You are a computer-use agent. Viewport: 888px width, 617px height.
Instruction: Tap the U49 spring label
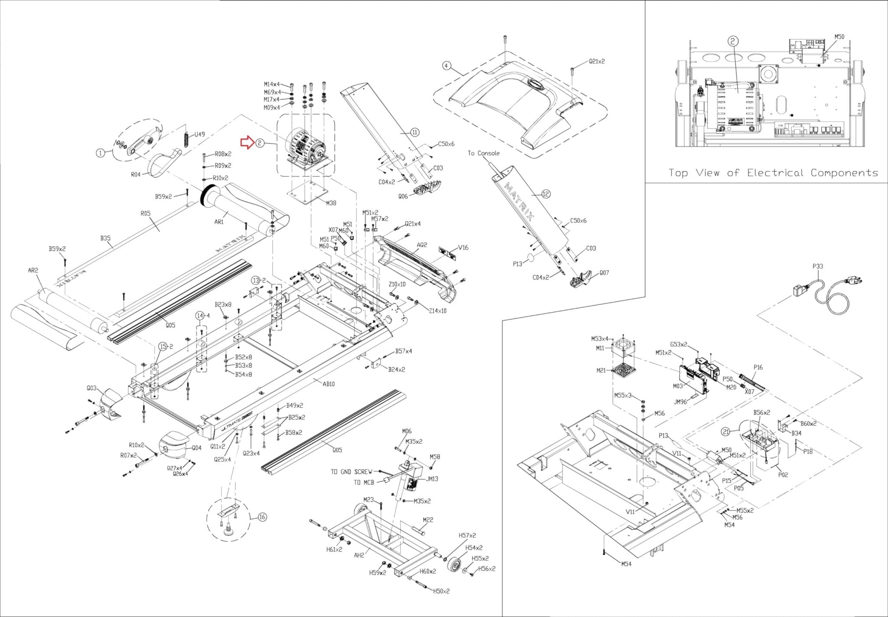pyautogui.click(x=199, y=134)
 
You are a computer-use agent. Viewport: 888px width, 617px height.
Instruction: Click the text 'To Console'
pyautogui.click(x=483, y=153)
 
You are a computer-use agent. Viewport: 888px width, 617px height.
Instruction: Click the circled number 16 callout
pyautogui.click(x=262, y=516)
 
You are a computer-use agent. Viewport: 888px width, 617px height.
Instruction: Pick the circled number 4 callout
pyautogui.click(x=447, y=66)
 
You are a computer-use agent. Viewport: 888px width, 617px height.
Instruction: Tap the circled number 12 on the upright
pyautogui.click(x=546, y=194)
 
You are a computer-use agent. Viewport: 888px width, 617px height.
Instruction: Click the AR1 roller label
pyautogui.click(x=219, y=222)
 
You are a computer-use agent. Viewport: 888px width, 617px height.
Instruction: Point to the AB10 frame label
pyautogui.click(x=329, y=384)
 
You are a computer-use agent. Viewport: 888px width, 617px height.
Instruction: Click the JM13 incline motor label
pyautogui.click(x=432, y=479)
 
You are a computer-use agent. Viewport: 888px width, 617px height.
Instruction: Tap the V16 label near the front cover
pyautogui.click(x=463, y=248)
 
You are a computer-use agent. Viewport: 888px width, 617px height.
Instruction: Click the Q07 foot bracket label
pyautogui.click(x=604, y=273)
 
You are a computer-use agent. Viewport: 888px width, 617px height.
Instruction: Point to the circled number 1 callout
pyautogui.click(x=100, y=153)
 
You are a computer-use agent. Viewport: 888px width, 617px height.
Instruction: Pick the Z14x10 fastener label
pyautogui.click(x=437, y=310)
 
